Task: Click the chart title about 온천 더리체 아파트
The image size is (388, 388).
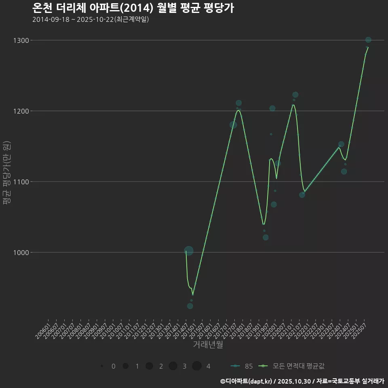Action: [133, 8]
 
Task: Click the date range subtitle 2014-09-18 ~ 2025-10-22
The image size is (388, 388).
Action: [91, 19]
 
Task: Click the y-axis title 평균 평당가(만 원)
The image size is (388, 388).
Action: [6, 174]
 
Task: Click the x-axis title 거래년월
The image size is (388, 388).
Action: [208, 344]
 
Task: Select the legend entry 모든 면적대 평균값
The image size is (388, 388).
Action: [293, 366]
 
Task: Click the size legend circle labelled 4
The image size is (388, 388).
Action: [197, 366]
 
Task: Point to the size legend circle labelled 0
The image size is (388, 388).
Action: [102, 366]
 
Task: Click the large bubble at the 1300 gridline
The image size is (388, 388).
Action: [368, 40]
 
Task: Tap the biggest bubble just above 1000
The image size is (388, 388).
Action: [189, 251]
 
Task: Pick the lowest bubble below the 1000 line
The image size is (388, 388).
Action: [190, 306]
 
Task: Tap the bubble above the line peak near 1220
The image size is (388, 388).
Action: [295, 95]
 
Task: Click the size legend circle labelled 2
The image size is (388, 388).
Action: [149, 366]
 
